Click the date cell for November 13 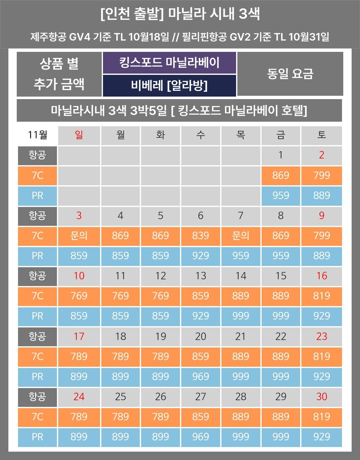[201, 276]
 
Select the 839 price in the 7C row [201, 235]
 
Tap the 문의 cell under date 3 [79, 235]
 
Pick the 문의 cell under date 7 [240, 235]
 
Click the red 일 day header [79, 135]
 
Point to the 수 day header [201, 135]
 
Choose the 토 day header [321, 135]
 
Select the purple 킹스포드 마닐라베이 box [170, 63]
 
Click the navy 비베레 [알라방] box [170, 86]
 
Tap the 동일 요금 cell [290, 74]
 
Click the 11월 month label [37, 135]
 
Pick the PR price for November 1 [280, 195]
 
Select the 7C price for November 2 [321, 175]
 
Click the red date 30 [321, 396]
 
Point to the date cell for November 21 [240, 336]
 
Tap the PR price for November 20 [201, 376]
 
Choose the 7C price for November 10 [79, 296]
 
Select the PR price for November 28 [240, 437]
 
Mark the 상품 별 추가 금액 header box [59, 74]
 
